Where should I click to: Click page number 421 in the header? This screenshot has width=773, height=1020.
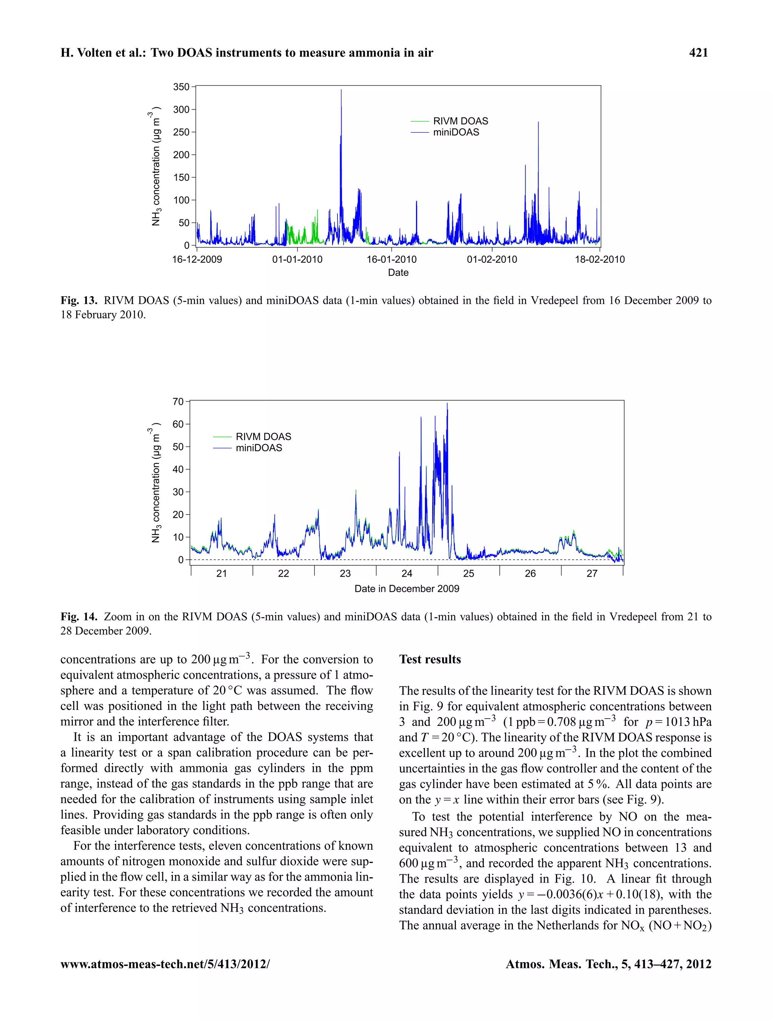click(x=698, y=53)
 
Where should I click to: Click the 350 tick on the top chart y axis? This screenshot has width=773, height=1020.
click(x=181, y=87)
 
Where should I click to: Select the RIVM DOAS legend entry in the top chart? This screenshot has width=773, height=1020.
click(x=460, y=121)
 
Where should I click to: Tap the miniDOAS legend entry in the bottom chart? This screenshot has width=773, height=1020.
click(x=259, y=448)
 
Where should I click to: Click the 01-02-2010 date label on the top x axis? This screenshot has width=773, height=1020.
click(x=492, y=259)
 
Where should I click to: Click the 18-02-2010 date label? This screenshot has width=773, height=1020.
click(x=599, y=259)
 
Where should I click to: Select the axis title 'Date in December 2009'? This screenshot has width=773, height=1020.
click(x=407, y=589)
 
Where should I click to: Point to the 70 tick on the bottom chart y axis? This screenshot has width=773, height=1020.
click(x=178, y=402)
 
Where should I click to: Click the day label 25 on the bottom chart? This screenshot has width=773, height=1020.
click(x=468, y=574)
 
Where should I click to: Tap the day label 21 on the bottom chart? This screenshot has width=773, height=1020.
click(x=222, y=574)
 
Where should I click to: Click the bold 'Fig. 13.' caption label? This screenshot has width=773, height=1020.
click(x=79, y=301)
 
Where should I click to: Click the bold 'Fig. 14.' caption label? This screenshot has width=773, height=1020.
click(x=79, y=617)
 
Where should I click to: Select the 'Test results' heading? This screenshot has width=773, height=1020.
click(x=430, y=659)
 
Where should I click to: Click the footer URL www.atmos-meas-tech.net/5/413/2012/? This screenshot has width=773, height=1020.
click(x=165, y=964)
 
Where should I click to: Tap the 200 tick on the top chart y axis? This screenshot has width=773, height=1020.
click(x=181, y=155)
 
